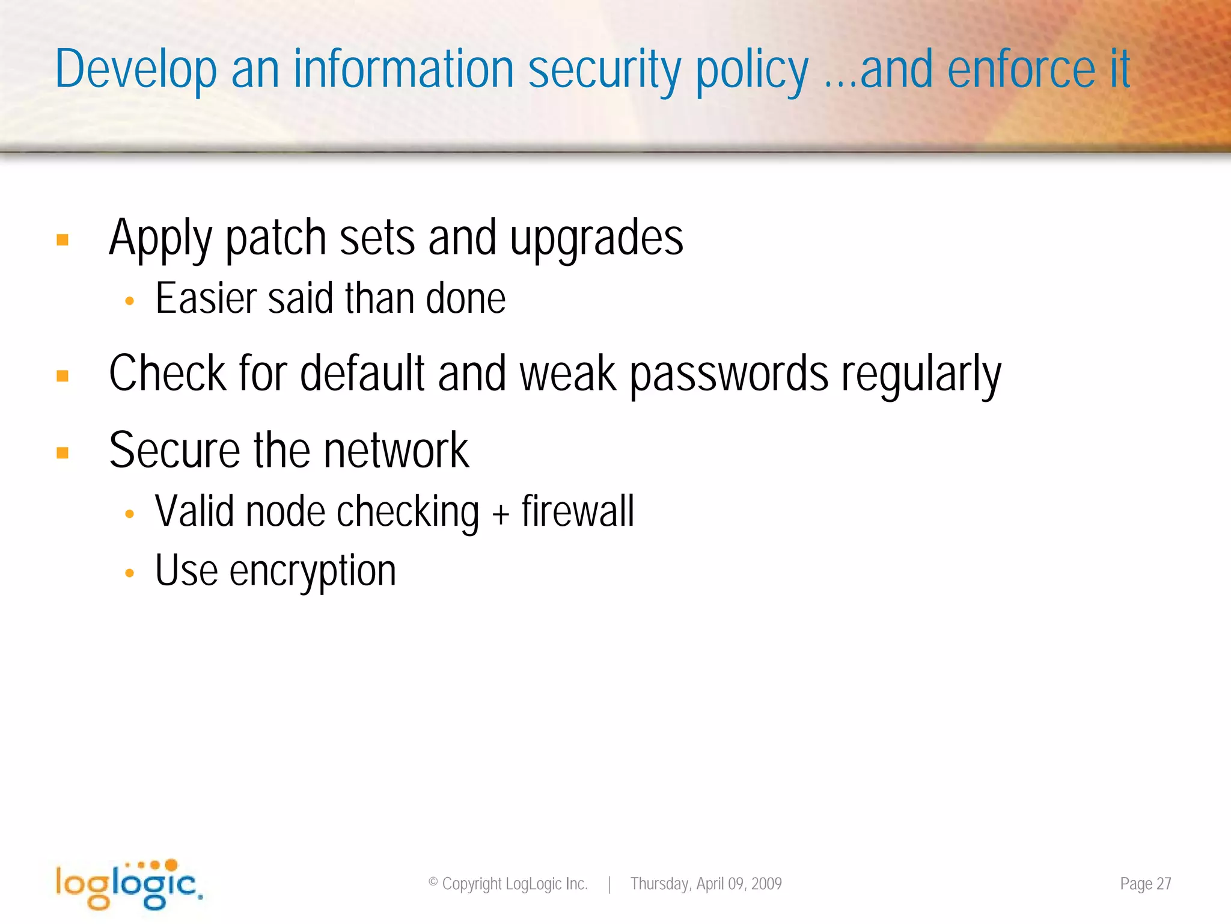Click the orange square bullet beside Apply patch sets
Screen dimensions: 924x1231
(x=63, y=240)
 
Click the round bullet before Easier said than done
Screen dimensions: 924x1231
(x=129, y=301)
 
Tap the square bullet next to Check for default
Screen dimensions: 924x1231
(x=63, y=377)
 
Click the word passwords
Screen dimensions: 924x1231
(x=729, y=375)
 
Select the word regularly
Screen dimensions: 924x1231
(x=921, y=375)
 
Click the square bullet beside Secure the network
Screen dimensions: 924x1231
(x=63, y=452)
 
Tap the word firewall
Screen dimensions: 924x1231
(x=578, y=512)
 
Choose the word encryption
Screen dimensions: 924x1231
(x=313, y=571)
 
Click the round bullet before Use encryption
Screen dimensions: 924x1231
(x=129, y=573)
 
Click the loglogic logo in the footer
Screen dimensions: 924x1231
(x=129, y=884)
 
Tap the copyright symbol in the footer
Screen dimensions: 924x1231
(x=433, y=882)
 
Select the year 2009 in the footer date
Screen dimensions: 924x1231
(x=766, y=884)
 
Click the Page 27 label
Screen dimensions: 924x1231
(x=1145, y=884)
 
